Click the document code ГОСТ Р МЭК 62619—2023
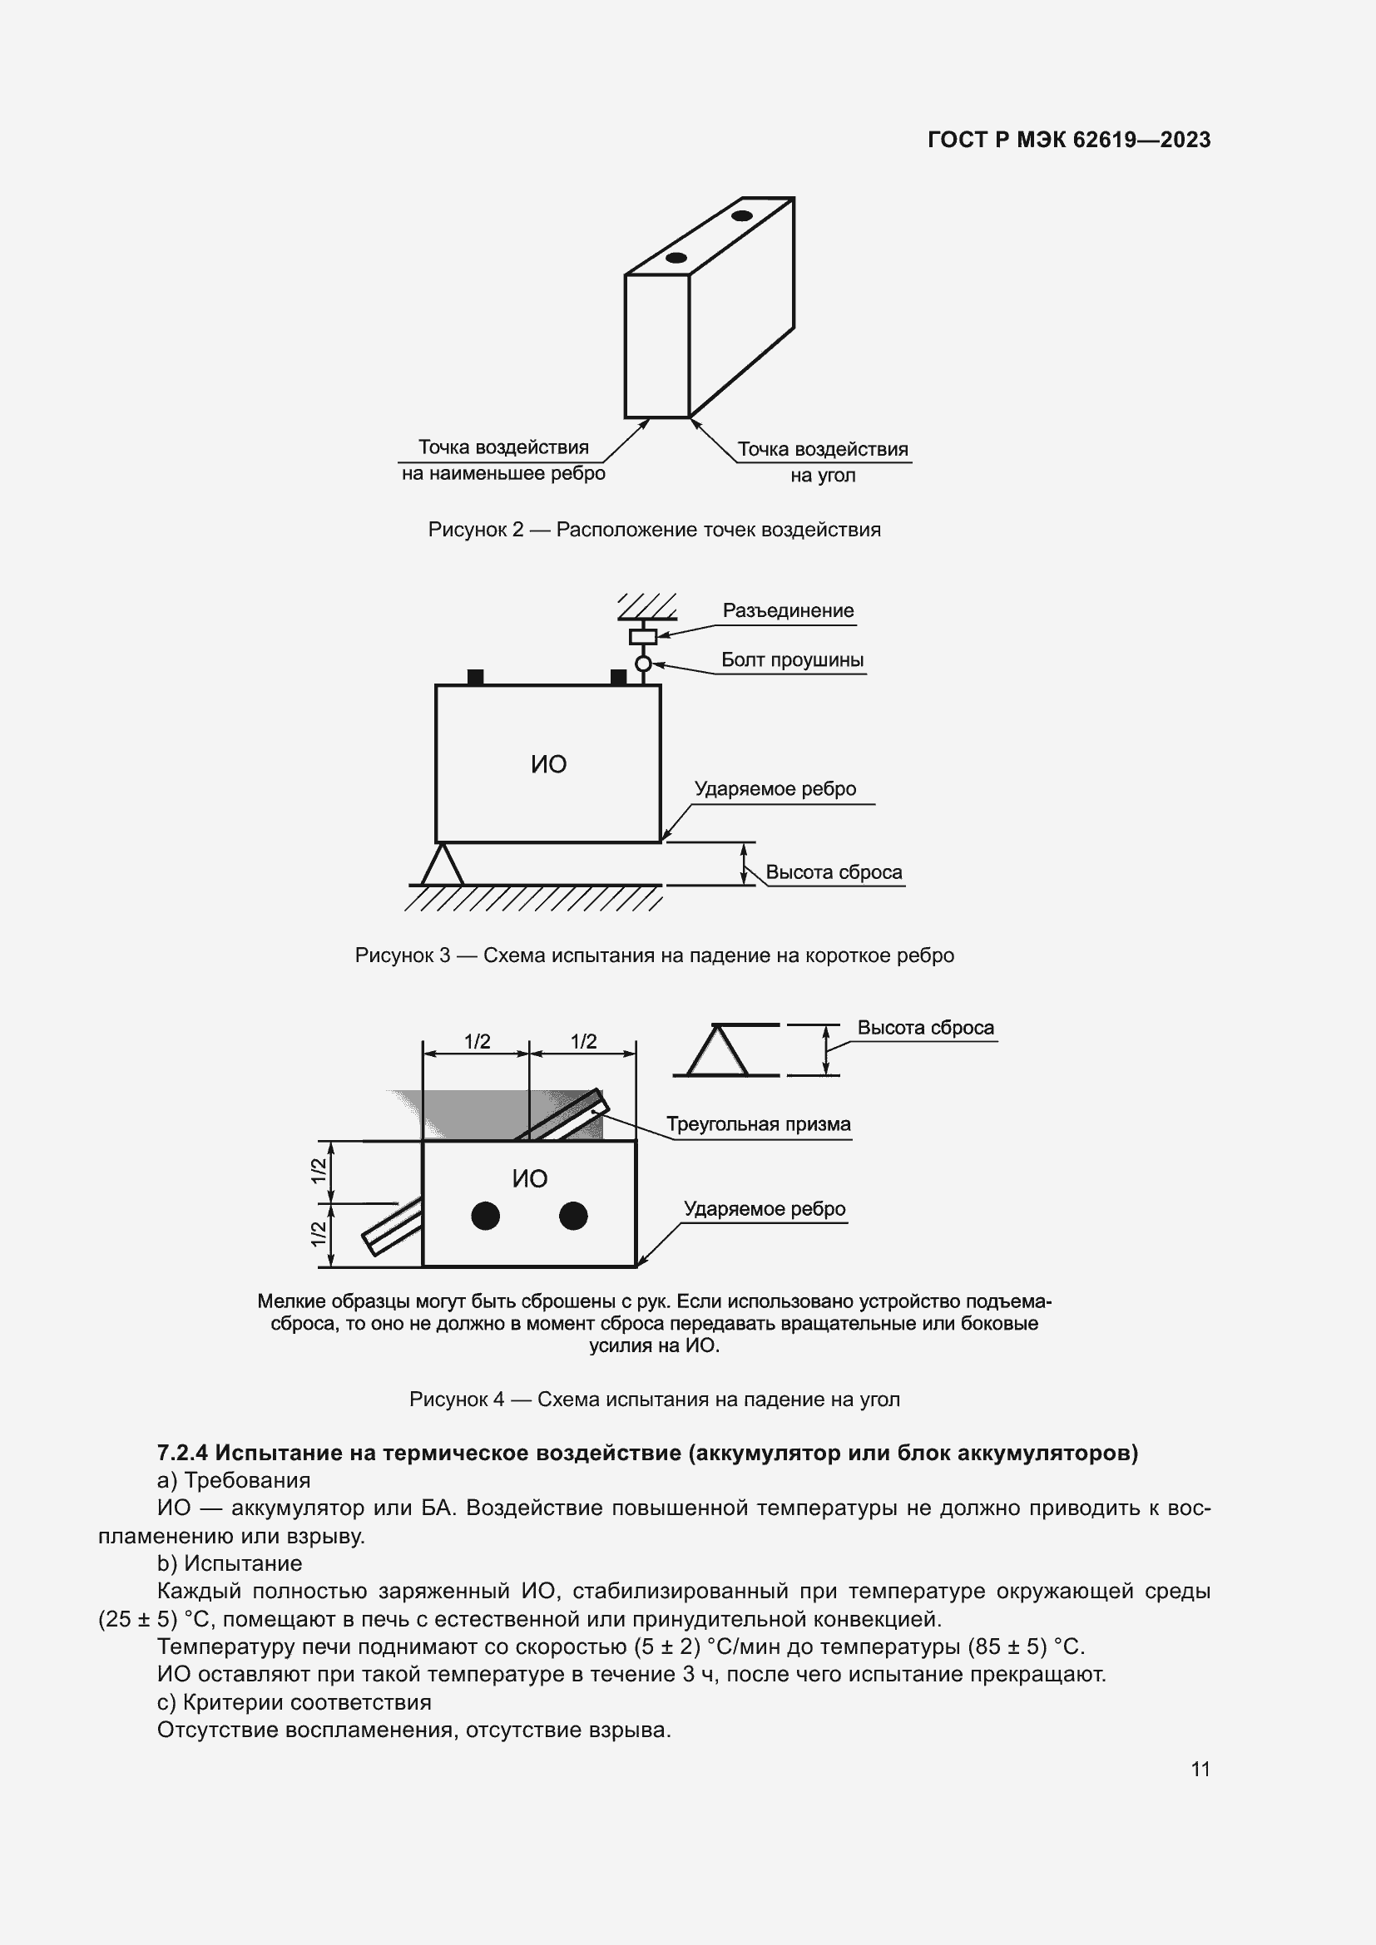point(1068,140)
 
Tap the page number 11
point(1200,1769)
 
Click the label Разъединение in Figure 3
point(787,611)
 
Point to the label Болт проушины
point(791,660)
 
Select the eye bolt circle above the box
point(643,664)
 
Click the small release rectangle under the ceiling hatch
point(643,636)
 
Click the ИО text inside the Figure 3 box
point(548,764)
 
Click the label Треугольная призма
point(758,1124)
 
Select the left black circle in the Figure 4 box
point(486,1217)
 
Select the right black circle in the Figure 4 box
point(574,1217)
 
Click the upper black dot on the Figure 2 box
point(742,216)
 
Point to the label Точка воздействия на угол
point(822,462)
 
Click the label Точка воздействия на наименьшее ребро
point(503,460)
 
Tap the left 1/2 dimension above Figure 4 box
point(477,1041)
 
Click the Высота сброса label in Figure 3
point(833,872)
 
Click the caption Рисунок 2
point(654,531)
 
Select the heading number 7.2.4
point(182,1453)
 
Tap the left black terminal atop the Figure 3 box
point(475,678)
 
